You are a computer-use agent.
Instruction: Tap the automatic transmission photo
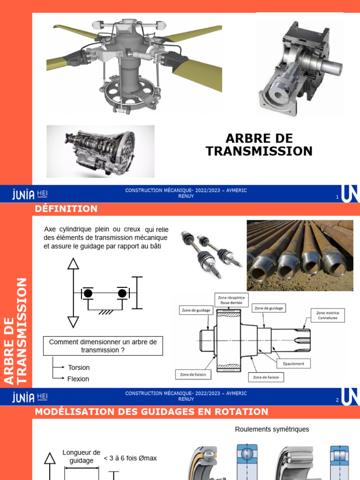click(100, 151)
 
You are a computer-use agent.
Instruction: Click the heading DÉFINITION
click(66, 209)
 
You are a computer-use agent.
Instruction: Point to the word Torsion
click(79, 367)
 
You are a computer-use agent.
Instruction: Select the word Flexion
click(78, 379)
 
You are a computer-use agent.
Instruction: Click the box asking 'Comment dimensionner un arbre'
click(103, 346)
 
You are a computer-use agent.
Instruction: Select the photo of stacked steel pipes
click(300, 255)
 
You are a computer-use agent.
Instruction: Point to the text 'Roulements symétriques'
click(272, 429)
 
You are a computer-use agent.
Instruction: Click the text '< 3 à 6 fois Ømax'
click(130, 458)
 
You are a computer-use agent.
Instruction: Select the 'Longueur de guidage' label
click(82, 457)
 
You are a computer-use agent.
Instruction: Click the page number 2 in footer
click(337, 400)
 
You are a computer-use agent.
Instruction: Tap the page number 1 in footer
click(337, 197)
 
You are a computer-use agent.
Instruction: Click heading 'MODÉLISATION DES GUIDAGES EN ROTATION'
click(151, 412)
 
